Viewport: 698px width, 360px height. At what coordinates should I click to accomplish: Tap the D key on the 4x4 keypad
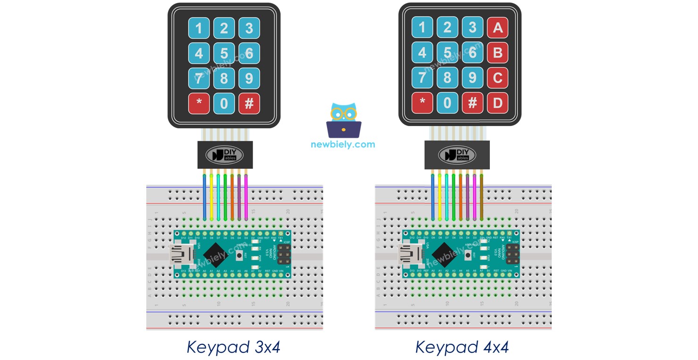pyautogui.click(x=497, y=103)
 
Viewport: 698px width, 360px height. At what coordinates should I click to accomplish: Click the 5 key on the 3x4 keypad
pyautogui.click(x=224, y=53)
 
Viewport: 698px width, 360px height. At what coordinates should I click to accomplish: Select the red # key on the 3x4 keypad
pyautogui.click(x=249, y=103)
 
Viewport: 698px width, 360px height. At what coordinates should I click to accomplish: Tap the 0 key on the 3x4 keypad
pyautogui.click(x=224, y=103)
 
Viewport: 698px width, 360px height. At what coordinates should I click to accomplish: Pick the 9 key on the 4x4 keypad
pyautogui.click(x=472, y=78)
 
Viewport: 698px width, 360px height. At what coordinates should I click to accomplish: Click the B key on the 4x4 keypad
pyautogui.click(x=497, y=53)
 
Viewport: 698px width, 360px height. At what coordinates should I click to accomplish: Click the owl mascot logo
pyautogui.click(x=344, y=120)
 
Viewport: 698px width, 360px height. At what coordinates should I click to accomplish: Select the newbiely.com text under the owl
pyautogui.click(x=343, y=144)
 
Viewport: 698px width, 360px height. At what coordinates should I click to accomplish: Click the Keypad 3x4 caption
pyautogui.click(x=234, y=348)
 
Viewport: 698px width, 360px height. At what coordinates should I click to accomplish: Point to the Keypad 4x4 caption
pyautogui.click(x=462, y=348)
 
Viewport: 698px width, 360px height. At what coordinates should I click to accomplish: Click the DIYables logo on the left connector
pyautogui.click(x=225, y=155)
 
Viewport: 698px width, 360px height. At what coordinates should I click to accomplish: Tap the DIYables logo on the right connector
pyautogui.click(x=457, y=155)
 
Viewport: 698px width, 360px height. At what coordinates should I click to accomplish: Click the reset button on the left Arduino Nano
pyautogui.click(x=241, y=255)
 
